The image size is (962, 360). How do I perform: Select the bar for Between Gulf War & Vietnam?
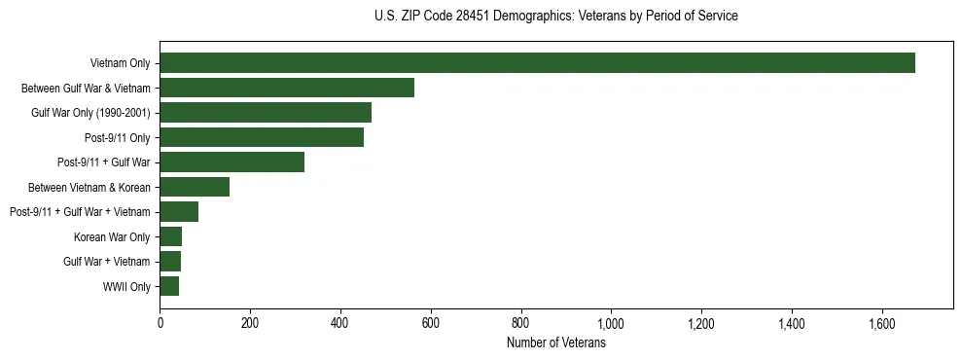[x=287, y=88]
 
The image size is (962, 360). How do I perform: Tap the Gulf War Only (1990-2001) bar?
[x=266, y=113]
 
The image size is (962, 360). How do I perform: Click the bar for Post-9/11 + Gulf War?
[x=232, y=162]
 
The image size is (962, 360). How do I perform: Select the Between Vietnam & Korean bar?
[x=195, y=187]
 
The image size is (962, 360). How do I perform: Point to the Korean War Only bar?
[x=171, y=236]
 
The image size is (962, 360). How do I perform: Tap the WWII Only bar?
[x=169, y=286]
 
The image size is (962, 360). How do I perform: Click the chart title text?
[x=555, y=17]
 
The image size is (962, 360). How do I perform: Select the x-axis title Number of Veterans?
[x=555, y=343]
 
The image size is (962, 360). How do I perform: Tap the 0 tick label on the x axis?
[x=160, y=323]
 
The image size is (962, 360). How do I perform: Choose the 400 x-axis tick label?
[x=340, y=323]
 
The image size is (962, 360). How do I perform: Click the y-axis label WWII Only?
[x=126, y=286]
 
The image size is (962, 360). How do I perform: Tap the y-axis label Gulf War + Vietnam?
[x=107, y=262]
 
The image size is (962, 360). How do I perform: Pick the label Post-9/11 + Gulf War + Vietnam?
[x=80, y=212]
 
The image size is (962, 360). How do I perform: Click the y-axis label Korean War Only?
[x=112, y=236]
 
